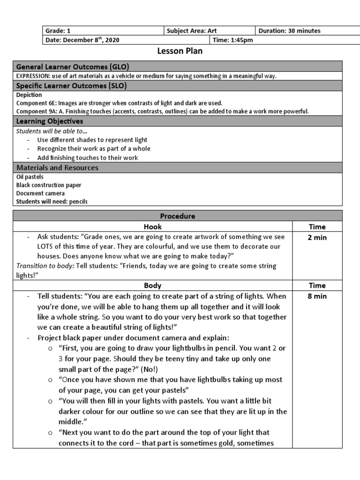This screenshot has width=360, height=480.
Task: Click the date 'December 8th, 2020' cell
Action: [82, 40]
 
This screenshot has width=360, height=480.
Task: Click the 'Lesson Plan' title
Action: [180, 51]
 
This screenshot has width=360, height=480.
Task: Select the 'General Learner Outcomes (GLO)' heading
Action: [73, 67]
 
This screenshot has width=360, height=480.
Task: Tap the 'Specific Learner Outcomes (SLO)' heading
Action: [71, 86]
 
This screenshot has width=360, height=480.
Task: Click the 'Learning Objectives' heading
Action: [50, 121]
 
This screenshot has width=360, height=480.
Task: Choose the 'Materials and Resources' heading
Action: [57, 167]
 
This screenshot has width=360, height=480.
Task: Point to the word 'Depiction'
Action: [29, 95]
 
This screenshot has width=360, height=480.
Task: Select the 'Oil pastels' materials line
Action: [30, 177]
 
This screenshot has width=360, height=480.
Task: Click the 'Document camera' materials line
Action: [40, 193]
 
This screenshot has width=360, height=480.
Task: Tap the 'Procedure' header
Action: [177, 216]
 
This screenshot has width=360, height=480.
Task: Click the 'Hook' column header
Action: [153, 227]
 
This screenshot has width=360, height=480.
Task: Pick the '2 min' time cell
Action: [317, 238]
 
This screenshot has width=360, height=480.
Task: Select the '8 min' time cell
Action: [317, 296]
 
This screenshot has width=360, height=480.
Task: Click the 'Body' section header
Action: [153, 285]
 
